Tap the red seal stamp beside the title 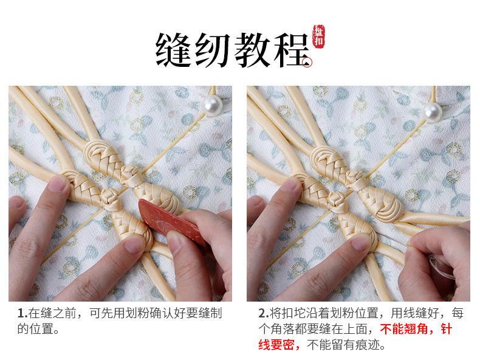[318, 36]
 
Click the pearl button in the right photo [433, 111]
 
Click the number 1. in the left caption [22, 314]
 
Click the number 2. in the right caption [263, 314]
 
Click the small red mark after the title [309, 61]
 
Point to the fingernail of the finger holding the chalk [176, 243]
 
